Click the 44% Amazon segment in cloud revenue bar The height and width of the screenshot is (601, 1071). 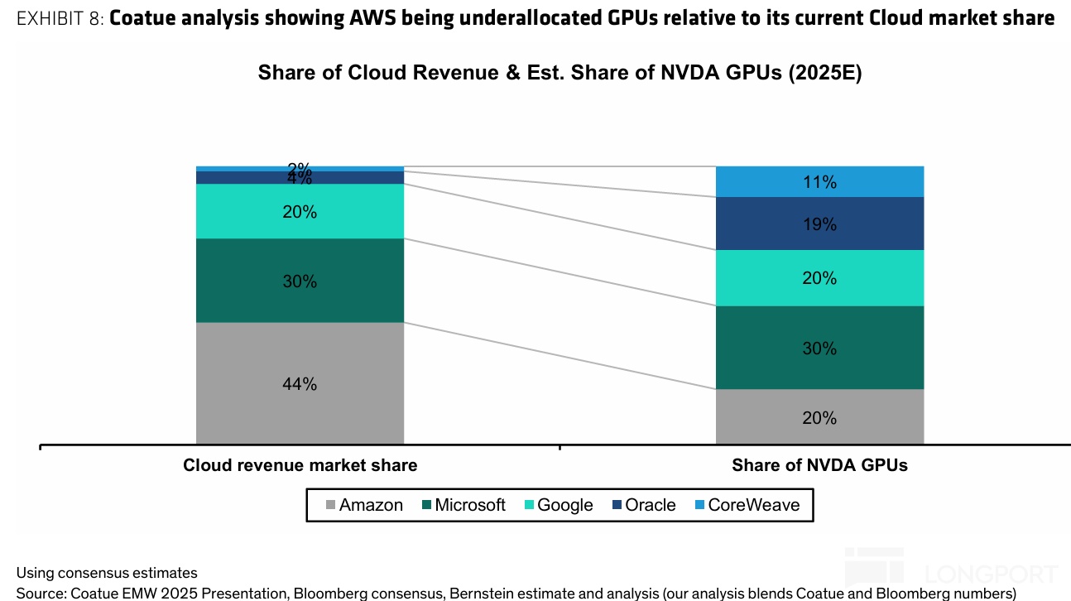point(300,383)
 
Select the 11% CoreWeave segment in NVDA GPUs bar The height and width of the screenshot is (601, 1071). point(819,182)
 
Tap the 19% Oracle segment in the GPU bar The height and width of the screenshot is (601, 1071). point(819,224)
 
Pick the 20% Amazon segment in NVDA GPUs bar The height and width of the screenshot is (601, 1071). point(819,417)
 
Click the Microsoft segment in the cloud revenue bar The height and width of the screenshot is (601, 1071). point(300,281)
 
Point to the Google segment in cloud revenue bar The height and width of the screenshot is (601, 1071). point(300,212)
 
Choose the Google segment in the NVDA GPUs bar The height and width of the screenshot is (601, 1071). point(819,278)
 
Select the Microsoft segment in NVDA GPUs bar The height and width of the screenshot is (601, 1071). point(819,348)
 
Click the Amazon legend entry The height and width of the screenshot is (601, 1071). point(364,505)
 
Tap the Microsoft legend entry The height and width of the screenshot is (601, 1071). point(463,505)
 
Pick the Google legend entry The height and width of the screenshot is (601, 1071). point(559,505)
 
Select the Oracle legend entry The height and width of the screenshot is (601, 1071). point(644,505)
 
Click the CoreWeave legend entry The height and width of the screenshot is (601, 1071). point(747,505)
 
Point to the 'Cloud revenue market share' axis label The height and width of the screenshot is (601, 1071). point(300,465)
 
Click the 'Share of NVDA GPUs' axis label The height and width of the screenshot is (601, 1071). point(819,465)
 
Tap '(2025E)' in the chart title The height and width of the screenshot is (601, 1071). point(824,73)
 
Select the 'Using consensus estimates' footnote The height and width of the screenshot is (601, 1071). point(107,572)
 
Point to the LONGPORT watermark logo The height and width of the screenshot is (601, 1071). point(952,571)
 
